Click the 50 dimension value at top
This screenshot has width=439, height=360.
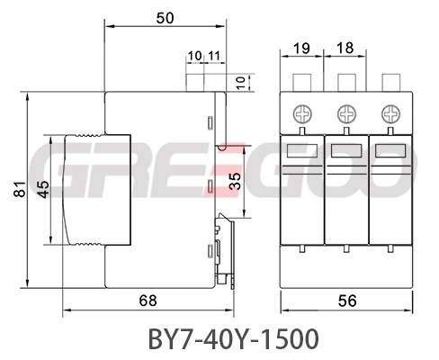165,18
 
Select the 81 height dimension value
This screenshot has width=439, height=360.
20,189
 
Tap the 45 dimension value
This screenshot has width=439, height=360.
44,190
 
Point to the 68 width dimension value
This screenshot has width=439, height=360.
148,301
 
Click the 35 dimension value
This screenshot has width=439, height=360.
235,181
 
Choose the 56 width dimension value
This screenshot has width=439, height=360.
347,301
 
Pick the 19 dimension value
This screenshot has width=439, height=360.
301,48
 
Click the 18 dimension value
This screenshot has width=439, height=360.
345,48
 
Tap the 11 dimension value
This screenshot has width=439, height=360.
214,56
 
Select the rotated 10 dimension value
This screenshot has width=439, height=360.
241,82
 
